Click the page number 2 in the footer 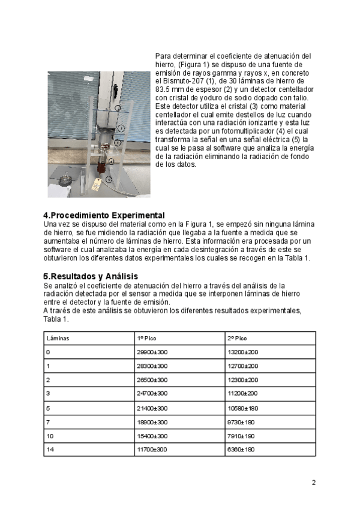coord(313,483)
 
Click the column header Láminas coord(58,339)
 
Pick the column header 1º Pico coord(147,339)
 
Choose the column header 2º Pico coord(238,339)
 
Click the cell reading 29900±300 coord(153,352)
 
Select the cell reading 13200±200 coord(243,352)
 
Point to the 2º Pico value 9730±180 coord(242,422)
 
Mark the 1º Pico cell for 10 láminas coord(153,436)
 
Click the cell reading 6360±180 coord(242,450)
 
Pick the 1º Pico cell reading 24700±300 coord(153,394)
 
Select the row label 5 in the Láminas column coord(48,408)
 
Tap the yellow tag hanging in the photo coord(96,184)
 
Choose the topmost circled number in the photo coord(118,108)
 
